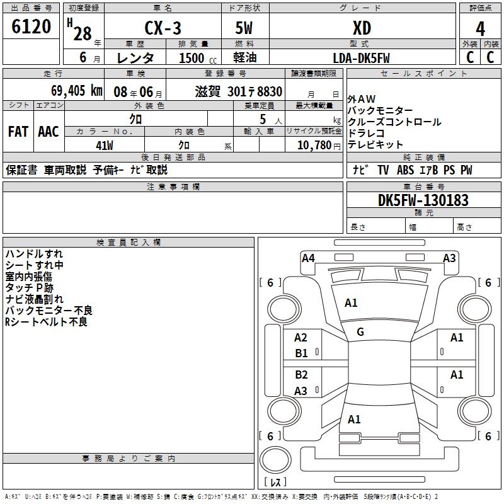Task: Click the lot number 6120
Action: (31, 26)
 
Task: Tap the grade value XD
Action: (362, 28)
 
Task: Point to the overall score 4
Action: (481, 28)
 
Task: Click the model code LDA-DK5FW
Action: (362, 58)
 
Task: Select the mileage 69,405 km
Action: (69, 91)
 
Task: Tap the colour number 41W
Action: (105, 146)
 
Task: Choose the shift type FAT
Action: (18, 132)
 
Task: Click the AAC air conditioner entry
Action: (49, 132)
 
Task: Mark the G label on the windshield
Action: (360, 332)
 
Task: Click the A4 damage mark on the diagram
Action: (308, 258)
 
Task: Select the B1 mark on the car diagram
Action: (302, 353)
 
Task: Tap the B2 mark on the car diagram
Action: (302, 375)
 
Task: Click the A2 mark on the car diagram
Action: (301, 338)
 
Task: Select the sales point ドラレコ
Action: (366, 134)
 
